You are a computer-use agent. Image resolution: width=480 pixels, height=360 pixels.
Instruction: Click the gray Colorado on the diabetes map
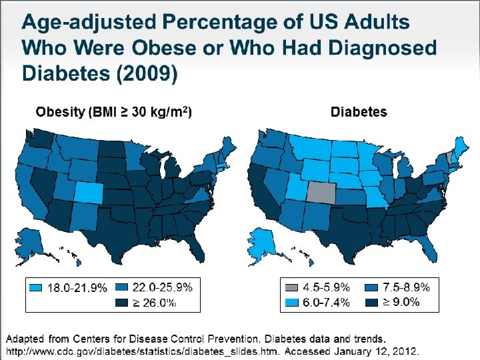(321, 193)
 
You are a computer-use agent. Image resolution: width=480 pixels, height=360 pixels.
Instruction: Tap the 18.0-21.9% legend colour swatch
(36, 288)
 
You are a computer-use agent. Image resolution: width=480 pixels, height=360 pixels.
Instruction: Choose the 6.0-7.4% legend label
(326, 303)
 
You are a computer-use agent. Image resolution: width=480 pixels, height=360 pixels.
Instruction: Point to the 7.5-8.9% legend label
(407, 287)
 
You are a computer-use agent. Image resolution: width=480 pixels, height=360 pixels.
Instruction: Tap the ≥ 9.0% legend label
(401, 302)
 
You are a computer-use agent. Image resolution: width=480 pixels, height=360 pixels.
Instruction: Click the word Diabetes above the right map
(359, 112)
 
